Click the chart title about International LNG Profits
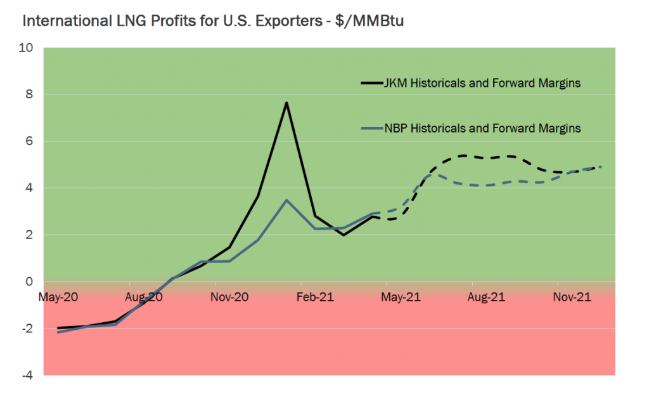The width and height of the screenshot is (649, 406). (x=213, y=21)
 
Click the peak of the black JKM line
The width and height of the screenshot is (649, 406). (x=286, y=103)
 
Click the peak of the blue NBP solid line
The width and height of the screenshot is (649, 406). (x=286, y=200)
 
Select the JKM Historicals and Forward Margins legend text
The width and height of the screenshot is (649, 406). (x=482, y=83)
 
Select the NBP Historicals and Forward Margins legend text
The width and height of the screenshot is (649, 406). (x=482, y=128)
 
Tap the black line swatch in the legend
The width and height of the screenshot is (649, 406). (x=371, y=83)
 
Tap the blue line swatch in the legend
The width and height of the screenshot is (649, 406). (x=371, y=129)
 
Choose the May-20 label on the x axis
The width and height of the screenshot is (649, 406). (x=58, y=296)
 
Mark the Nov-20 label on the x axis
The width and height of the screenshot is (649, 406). (x=229, y=296)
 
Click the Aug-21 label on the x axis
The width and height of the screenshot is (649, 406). (x=486, y=296)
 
